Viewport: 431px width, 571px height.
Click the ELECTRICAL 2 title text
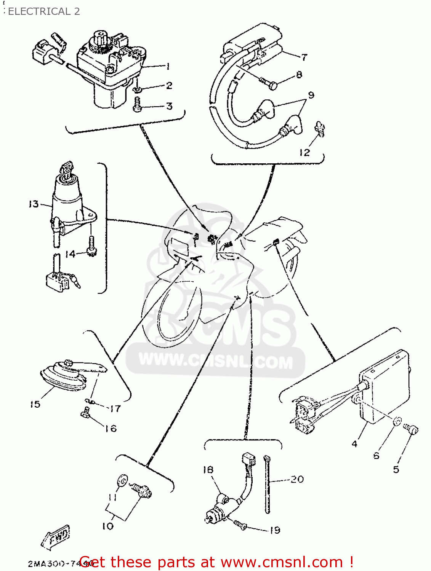tap(44, 11)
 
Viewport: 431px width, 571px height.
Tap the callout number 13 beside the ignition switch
tap(34, 204)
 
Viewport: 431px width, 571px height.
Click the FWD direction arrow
tap(56, 537)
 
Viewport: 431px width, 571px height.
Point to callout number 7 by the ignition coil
tap(304, 57)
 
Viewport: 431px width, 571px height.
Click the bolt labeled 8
tap(269, 83)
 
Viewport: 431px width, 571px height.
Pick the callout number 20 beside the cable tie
tap(297, 479)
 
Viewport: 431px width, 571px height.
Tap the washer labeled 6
tap(397, 422)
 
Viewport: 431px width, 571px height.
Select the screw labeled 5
tap(412, 429)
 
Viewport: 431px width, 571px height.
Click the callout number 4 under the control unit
tap(354, 444)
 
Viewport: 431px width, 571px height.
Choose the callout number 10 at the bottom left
tap(107, 526)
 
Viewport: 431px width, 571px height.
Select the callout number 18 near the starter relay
tap(208, 470)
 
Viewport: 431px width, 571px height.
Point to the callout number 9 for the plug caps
tap(311, 95)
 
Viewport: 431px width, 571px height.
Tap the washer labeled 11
tap(122, 480)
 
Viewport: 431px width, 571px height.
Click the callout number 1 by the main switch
tap(168, 66)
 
